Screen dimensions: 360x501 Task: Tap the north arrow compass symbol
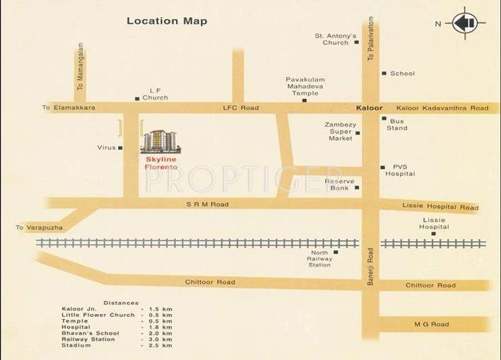coord(464,23)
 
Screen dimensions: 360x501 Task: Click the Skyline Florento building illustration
coord(160,141)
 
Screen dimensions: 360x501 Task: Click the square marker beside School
coord(383,74)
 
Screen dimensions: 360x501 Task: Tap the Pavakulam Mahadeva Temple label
coord(305,86)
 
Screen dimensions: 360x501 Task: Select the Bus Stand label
coord(398,124)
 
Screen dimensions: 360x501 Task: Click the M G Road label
coord(431,325)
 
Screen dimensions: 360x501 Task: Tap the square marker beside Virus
coord(121,148)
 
